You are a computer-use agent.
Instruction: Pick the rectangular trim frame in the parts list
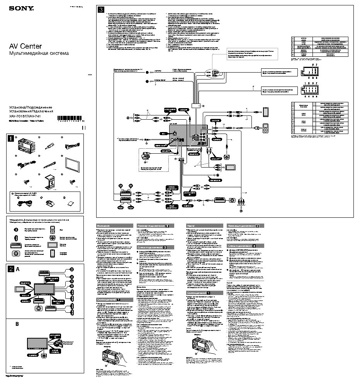[x=71, y=165]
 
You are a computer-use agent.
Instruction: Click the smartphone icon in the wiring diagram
[x=266, y=112]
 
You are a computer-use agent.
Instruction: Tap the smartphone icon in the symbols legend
[x=52, y=253]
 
